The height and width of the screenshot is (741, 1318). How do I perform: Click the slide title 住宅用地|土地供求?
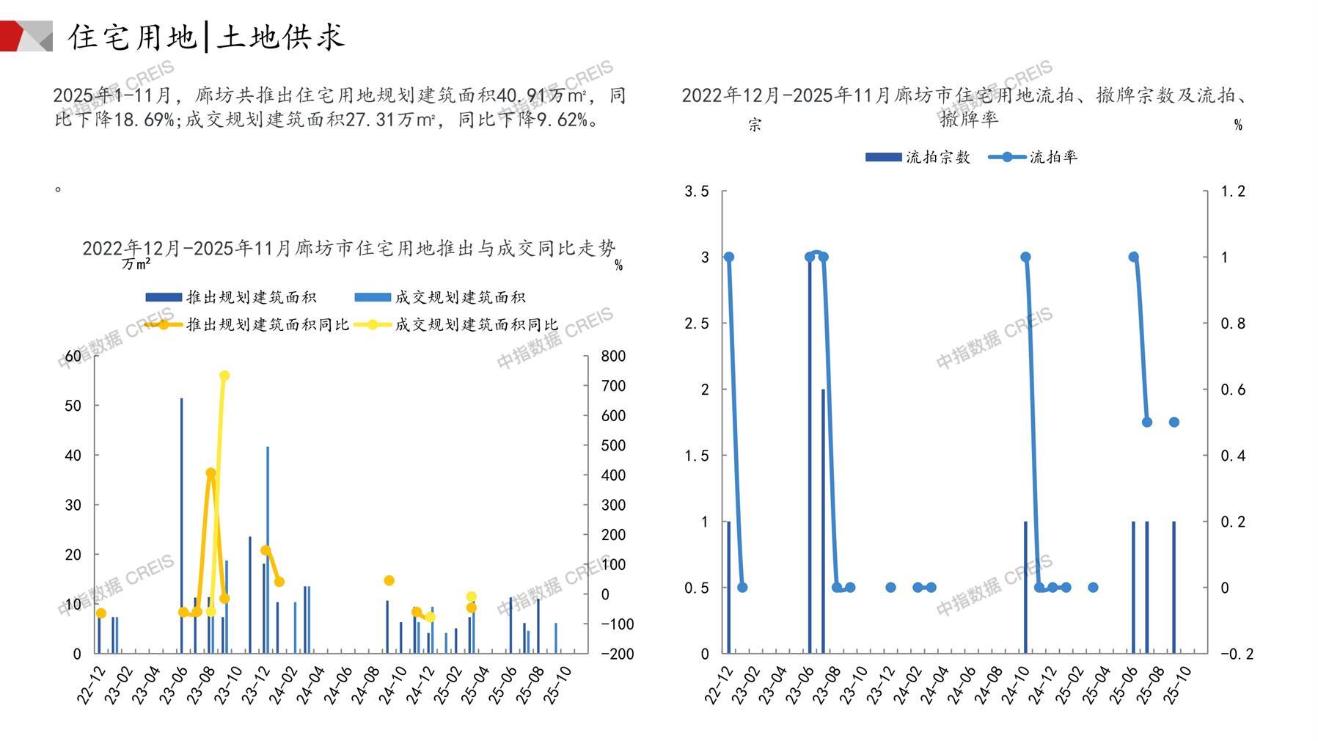(x=206, y=37)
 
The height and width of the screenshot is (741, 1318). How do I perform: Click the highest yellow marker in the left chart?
(x=224, y=376)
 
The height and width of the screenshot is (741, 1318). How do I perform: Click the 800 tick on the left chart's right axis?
(x=613, y=356)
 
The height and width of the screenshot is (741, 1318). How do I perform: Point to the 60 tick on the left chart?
(x=73, y=356)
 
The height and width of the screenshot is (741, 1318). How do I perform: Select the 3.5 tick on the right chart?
(x=697, y=191)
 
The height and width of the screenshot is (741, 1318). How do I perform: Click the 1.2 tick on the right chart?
(x=1233, y=191)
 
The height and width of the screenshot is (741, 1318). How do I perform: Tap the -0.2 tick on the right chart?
(x=1236, y=654)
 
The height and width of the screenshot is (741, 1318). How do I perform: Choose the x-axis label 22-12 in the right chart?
(x=719, y=685)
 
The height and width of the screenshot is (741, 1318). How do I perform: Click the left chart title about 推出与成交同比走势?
(x=348, y=249)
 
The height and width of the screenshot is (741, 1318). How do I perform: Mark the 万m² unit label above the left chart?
(x=136, y=263)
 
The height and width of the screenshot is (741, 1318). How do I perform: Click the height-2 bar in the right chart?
(x=823, y=521)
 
